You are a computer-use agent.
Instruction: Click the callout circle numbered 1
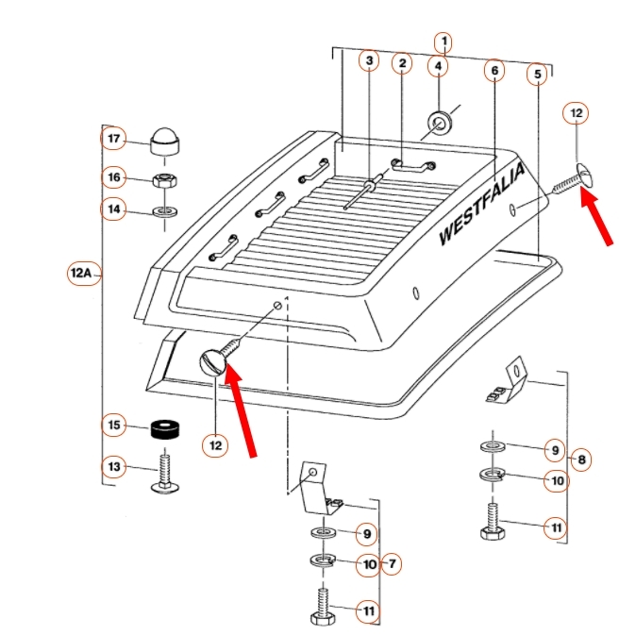(x=443, y=42)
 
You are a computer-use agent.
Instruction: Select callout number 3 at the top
(x=370, y=62)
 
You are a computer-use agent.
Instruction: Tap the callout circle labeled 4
(x=439, y=66)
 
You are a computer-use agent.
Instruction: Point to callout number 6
(x=494, y=70)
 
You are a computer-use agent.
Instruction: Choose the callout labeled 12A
(x=82, y=274)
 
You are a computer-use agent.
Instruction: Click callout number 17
(x=114, y=140)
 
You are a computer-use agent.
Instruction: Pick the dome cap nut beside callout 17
(x=165, y=141)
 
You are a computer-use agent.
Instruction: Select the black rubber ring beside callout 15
(x=166, y=430)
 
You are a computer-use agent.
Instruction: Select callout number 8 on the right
(x=582, y=460)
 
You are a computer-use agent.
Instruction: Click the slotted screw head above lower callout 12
(x=214, y=362)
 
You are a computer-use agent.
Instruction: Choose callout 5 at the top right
(x=538, y=74)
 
